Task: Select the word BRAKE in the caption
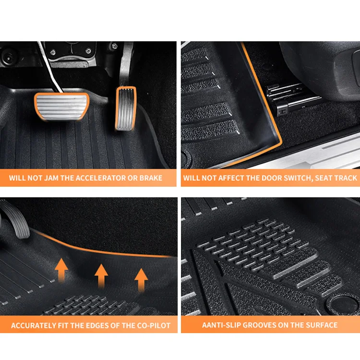[x=150, y=178]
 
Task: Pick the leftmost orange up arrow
[x=61, y=268]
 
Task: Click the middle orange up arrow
[x=101, y=275]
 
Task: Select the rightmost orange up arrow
[x=141, y=280]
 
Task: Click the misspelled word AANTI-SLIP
[x=222, y=325]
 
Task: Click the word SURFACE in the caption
[x=322, y=325]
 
